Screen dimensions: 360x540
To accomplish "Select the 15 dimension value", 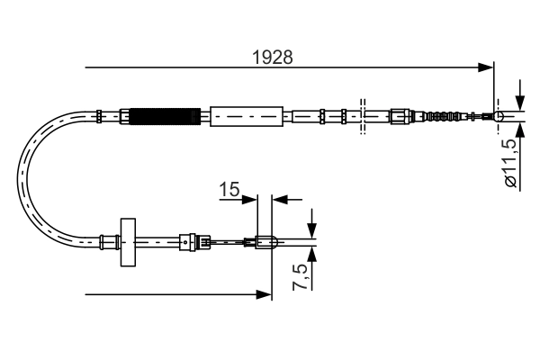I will coord(229,190).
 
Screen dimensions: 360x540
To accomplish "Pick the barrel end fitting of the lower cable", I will coord(265,240).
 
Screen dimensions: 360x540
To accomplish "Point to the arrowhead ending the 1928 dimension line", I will coord(487,67).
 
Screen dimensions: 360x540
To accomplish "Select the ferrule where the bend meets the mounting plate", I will coord(109,240).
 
